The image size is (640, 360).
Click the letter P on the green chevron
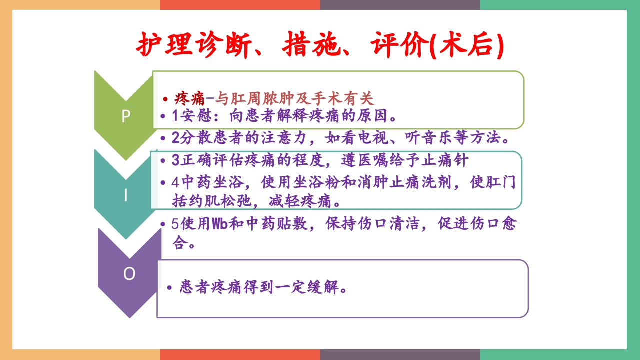tap(126, 116)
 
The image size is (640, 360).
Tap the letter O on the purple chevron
tap(129, 274)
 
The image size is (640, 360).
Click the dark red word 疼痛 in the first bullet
tap(190, 97)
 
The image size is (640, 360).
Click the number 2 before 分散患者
tap(175, 137)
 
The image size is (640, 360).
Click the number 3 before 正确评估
tap(175, 161)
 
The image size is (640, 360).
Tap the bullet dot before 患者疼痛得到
tap(169, 288)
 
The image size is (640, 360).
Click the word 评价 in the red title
tap(398, 45)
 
